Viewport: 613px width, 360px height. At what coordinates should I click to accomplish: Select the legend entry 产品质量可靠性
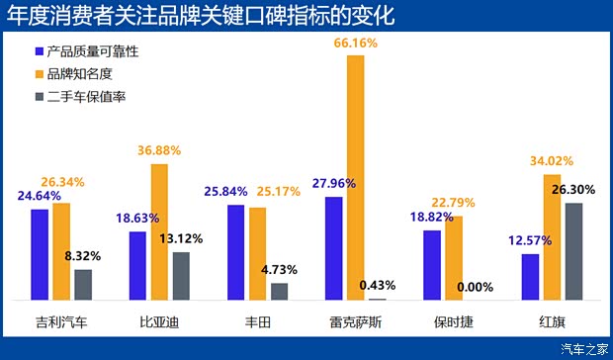(94, 50)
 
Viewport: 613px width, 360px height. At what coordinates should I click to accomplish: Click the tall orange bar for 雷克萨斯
(356, 177)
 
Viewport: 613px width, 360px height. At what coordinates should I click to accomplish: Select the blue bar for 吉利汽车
(40, 254)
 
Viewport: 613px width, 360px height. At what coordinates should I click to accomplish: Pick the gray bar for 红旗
(573, 251)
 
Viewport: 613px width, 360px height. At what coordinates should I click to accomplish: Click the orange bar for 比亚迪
(159, 231)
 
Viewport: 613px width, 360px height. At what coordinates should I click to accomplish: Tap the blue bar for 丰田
(236, 252)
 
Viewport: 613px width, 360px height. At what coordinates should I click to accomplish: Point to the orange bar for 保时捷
(454, 258)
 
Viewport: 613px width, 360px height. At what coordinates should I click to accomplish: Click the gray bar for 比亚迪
(181, 275)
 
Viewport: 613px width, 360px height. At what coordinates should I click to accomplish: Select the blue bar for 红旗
(530, 277)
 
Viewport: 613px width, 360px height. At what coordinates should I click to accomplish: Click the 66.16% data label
(356, 45)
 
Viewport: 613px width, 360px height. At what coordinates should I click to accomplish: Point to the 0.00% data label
(476, 287)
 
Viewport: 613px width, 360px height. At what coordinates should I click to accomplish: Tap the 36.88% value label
(159, 150)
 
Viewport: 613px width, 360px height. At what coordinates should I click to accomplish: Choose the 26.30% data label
(573, 190)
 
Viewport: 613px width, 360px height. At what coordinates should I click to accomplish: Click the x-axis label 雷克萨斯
(356, 321)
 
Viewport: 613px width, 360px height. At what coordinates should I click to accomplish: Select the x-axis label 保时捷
(454, 321)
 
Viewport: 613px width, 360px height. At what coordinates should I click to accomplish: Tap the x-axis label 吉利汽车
(60, 321)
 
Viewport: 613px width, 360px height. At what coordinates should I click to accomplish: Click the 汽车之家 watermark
(583, 348)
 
